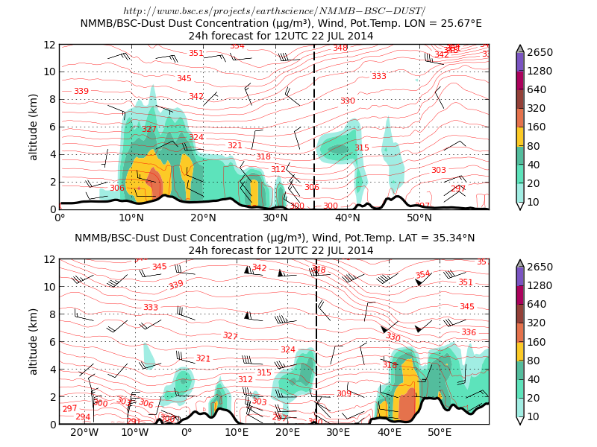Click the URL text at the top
(274, 11)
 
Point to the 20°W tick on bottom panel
(84, 433)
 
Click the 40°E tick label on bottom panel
(389, 433)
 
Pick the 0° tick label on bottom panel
(187, 433)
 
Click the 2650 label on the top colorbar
(540, 53)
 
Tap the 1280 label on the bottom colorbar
(540, 286)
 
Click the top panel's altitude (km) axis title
(34, 127)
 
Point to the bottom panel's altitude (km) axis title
(34, 341)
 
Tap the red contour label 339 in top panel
(81, 91)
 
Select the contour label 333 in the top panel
(379, 76)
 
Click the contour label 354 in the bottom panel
(422, 274)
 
